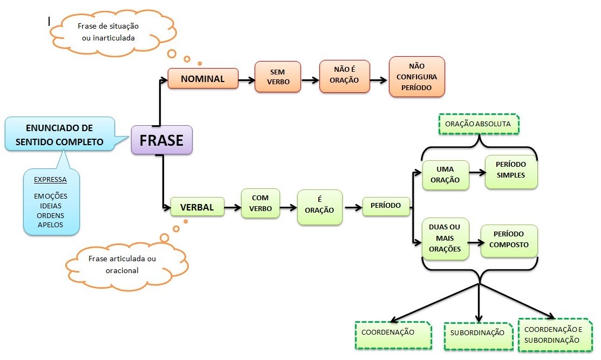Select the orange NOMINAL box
(203, 79)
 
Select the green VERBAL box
(197, 207)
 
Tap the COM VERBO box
(261, 203)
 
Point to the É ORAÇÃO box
(319, 207)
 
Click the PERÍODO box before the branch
(386, 206)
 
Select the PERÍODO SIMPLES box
(511, 172)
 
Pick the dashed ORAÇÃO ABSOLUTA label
(478, 124)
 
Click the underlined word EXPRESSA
(51, 180)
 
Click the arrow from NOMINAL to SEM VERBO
(247, 79)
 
